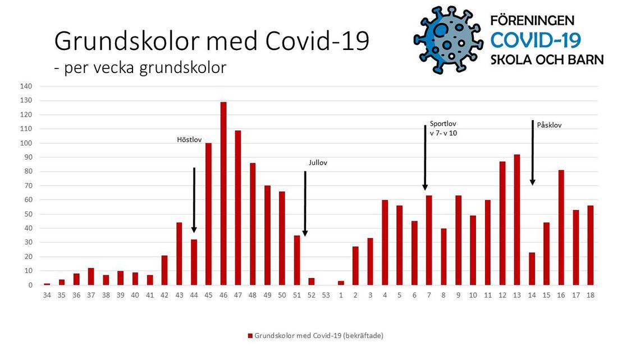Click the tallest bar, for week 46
click(x=223, y=193)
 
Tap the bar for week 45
click(x=209, y=214)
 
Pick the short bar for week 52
click(x=312, y=281)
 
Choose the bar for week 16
click(x=561, y=227)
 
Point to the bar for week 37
click(x=91, y=276)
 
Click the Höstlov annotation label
click(x=189, y=140)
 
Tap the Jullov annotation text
click(x=318, y=162)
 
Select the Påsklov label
click(x=549, y=125)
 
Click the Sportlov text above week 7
click(x=443, y=124)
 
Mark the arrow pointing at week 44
click(x=194, y=200)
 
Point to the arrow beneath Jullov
click(x=305, y=204)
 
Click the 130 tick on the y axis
click(x=26, y=101)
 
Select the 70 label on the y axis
click(x=28, y=186)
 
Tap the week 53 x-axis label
click(x=326, y=295)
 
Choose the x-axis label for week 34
click(x=47, y=295)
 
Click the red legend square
click(x=250, y=336)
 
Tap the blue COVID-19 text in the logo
click(x=536, y=40)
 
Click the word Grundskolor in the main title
click(x=127, y=41)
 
